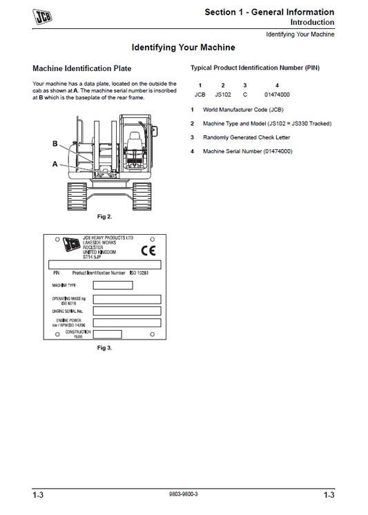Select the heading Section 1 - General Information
pyautogui.click(x=269, y=12)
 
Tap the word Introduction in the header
pyautogui.click(x=312, y=23)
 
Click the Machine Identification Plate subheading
pyautogui.click(x=82, y=69)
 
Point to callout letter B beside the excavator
pyautogui.click(x=55, y=144)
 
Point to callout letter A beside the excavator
pyautogui.click(x=55, y=164)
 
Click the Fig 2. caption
pyautogui.click(x=104, y=217)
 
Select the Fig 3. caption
pyautogui.click(x=104, y=348)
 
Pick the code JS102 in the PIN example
pyautogui.click(x=223, y=94)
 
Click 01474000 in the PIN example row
pyautogui.click(x=277, y=94)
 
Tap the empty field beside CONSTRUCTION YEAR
pyautogui.click(x=103, y=333)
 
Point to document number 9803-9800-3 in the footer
pyautogui.click(x=183, y=495)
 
